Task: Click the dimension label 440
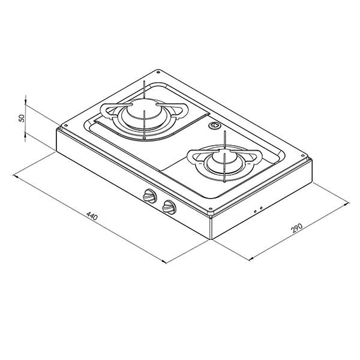coord(92,216)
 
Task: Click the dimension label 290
coord(296,228)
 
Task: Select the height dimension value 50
coord(22,118)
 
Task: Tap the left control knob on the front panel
coord(149,196)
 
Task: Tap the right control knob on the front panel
coord(169,207)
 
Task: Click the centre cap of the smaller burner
coord(222,157)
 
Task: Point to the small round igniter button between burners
coord(214,125)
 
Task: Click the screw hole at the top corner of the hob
coord(158,73)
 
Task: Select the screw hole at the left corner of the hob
coord(66,125)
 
